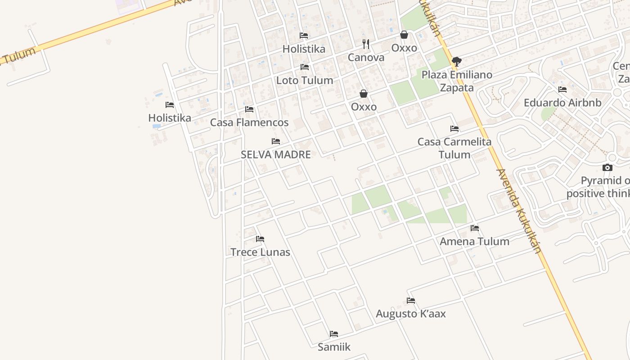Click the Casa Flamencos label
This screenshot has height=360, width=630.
coord(249,122)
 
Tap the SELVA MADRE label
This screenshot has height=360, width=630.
coord(276,154)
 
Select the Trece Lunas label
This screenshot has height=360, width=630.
coord(260,252)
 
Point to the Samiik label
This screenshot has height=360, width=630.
coord(334,347)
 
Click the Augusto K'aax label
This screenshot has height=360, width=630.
coord(411,314)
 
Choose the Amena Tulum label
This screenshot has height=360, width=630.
coord(474,241)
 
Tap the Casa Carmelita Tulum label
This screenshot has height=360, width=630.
coord(454,148)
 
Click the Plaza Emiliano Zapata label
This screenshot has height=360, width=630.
coord(457,81)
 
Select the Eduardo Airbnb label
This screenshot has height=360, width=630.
coord(562,103)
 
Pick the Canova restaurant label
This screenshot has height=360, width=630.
coord(366,57)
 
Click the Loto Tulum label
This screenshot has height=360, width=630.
coord(305,81)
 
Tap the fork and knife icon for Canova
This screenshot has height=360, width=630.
coord(366,44)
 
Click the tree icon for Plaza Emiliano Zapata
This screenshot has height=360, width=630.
coord(457,61)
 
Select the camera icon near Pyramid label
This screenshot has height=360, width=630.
coord(607,168)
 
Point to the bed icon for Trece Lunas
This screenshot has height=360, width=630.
coord(260,239)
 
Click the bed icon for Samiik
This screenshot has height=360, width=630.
coord(334,334)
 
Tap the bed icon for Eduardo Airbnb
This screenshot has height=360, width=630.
coord(562,90)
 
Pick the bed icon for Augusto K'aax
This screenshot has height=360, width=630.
coord(411,301)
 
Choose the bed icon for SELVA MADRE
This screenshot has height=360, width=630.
coord(276,141)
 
